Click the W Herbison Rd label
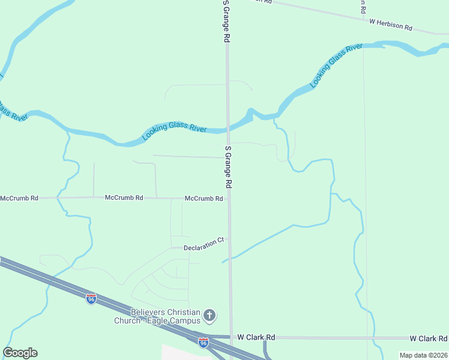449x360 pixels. coord(391,25)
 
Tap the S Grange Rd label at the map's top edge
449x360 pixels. coord(226,21)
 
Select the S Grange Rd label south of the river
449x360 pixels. coord(228,168)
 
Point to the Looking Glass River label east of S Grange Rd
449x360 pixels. coord(337,65)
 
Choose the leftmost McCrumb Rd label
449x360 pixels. coord(19,198)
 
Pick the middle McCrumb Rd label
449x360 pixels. coord(124,197)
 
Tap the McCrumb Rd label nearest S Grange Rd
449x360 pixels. coord(204,199)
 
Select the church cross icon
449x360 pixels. coord(209,315)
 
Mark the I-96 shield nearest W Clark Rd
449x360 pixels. coord(203,342)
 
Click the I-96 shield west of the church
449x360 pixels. coord(91,298)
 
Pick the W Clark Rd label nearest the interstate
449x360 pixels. coord(256,338)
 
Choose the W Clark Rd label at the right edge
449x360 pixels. coord(429,338)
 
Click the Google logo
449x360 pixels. coord(20,353)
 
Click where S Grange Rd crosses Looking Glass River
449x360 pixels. coord(228,128)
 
